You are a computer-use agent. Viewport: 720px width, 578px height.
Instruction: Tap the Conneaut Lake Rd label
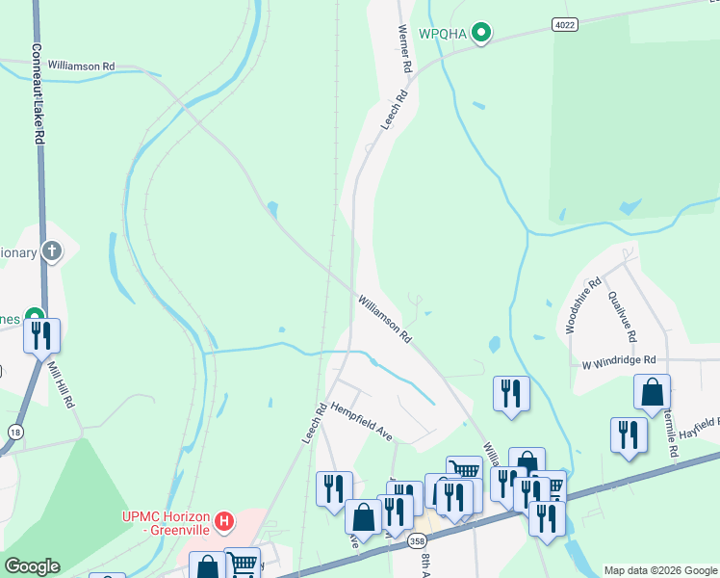pos(37,93)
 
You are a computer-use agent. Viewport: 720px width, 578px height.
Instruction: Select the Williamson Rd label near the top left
pos(81,66)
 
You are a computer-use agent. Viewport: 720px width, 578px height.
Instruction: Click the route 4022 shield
pos(565,22)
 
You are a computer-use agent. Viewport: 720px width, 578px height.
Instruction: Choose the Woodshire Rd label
pos(583,305)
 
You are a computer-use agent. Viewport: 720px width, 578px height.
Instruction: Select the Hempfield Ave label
pos(362,422)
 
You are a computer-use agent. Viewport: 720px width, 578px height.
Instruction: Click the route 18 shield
pos(15,433)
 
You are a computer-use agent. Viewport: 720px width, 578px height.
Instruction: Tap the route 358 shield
pos(417,542)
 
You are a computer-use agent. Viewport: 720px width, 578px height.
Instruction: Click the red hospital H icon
pos(224,522)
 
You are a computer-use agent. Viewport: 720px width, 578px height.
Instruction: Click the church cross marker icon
pos(52,252)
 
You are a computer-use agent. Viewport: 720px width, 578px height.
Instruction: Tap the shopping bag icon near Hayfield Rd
pos(653,392)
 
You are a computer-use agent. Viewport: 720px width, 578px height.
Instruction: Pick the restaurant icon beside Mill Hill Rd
pos(42,335)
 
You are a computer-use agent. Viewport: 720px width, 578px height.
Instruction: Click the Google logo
pos(32,566)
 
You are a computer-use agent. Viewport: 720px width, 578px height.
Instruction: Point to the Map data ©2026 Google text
pos(660,570)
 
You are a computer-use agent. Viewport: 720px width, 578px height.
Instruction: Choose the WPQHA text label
pos(443,35)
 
